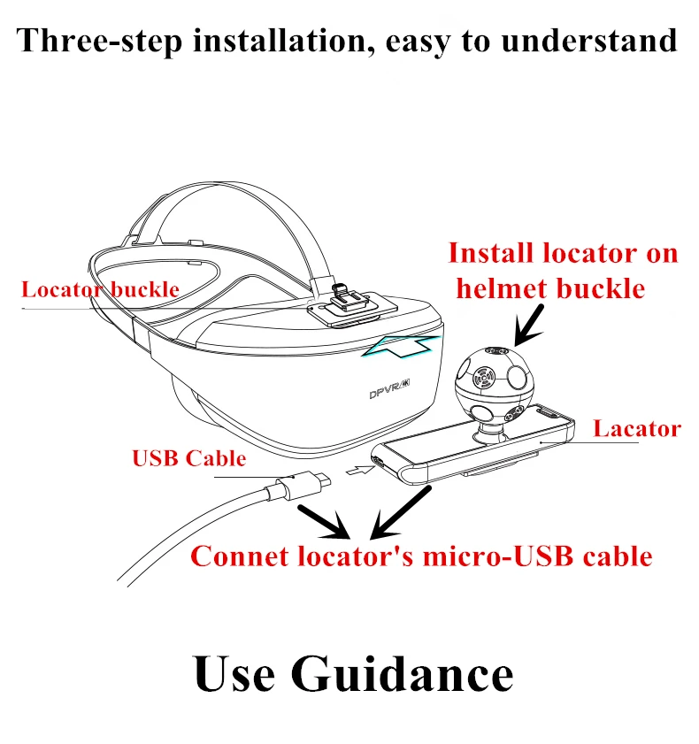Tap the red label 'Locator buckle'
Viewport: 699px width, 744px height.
(100, 289)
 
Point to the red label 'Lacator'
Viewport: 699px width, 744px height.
(636, 430)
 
